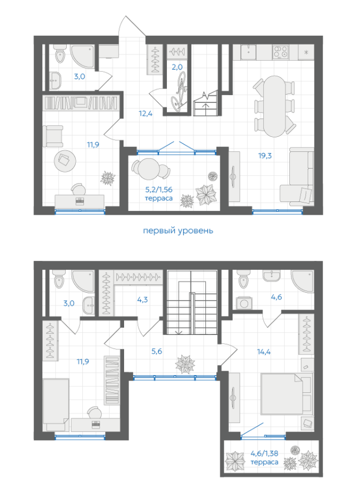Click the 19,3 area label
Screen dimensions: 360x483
click(265, 156)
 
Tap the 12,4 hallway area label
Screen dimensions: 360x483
click(146, 114)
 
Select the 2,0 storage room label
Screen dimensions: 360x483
click(177, 67)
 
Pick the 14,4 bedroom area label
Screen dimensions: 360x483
click(264, 352)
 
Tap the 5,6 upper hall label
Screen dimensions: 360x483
click(157, 351)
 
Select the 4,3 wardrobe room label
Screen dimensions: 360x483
click(142, 299)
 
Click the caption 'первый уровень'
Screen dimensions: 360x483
click(178, 230)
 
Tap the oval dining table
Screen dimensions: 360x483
click(275, 106)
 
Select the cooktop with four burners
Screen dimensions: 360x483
click(280, 52)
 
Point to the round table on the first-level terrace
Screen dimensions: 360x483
click(149, 169)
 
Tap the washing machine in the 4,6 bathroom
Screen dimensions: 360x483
click(244, 304)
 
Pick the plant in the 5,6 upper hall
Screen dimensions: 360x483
click(185, 364)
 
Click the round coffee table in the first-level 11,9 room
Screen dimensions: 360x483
click(65, 160)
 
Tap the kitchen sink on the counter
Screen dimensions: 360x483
click(248, 52)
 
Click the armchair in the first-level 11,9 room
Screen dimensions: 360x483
click(53, 136)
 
